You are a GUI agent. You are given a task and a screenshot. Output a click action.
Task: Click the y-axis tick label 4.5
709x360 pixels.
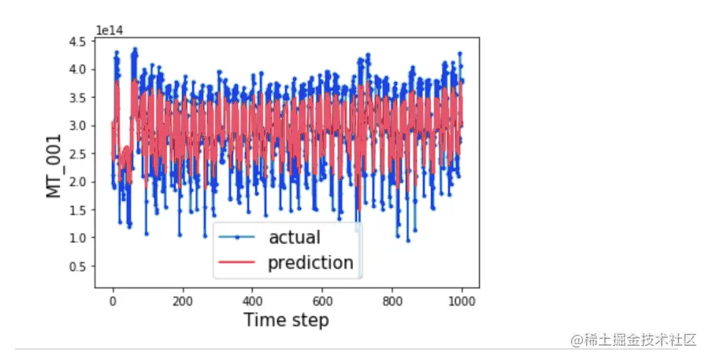[78, 42]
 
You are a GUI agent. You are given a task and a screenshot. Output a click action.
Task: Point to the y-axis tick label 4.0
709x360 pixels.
[78, 69]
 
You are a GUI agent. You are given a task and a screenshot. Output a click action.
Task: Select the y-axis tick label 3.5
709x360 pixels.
[78, 98]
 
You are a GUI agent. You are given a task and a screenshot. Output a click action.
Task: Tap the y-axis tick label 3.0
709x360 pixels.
[78, 126]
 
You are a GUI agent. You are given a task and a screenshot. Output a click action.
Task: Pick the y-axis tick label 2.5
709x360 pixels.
[78, 154]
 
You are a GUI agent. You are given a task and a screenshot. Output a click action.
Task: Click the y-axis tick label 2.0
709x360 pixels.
[78, 182]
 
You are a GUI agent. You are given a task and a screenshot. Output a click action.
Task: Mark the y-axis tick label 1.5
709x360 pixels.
[78, 210]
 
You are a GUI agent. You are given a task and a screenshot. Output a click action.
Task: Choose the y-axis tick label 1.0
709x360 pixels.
[78, 238]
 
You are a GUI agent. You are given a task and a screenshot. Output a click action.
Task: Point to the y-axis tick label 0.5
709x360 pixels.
[78, 266]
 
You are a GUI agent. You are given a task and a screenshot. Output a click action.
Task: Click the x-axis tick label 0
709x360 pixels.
[113, 301]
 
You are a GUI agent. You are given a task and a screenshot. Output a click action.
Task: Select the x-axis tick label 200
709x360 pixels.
[183, 301]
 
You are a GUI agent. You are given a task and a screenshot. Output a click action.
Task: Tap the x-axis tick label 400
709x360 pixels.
[252, 301]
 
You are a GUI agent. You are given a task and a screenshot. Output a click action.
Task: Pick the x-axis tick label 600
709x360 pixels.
[322, 301]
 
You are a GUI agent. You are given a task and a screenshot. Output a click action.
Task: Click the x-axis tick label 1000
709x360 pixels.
[462, 301]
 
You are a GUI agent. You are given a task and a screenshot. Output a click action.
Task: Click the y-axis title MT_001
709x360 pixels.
[54, 164]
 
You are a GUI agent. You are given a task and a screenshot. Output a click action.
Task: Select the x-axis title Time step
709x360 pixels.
[286, 320]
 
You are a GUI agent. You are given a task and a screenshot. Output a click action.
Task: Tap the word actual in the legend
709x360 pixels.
[295, 236]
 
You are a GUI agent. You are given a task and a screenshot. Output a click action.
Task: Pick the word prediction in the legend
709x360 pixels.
[310, 262]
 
